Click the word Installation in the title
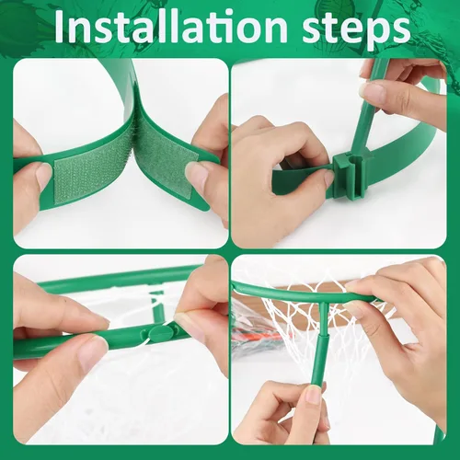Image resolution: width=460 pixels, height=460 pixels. (171, 27)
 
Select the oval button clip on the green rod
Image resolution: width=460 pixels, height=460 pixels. (159, 332)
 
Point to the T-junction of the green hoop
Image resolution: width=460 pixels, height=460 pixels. (321, 302)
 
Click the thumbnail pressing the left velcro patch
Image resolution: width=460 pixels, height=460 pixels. (42, 174)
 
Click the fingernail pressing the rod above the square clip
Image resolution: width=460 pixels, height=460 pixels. (371, 91)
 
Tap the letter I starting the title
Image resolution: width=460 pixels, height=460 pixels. (61, 27)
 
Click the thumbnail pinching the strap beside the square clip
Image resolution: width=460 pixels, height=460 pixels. (329, 178)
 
